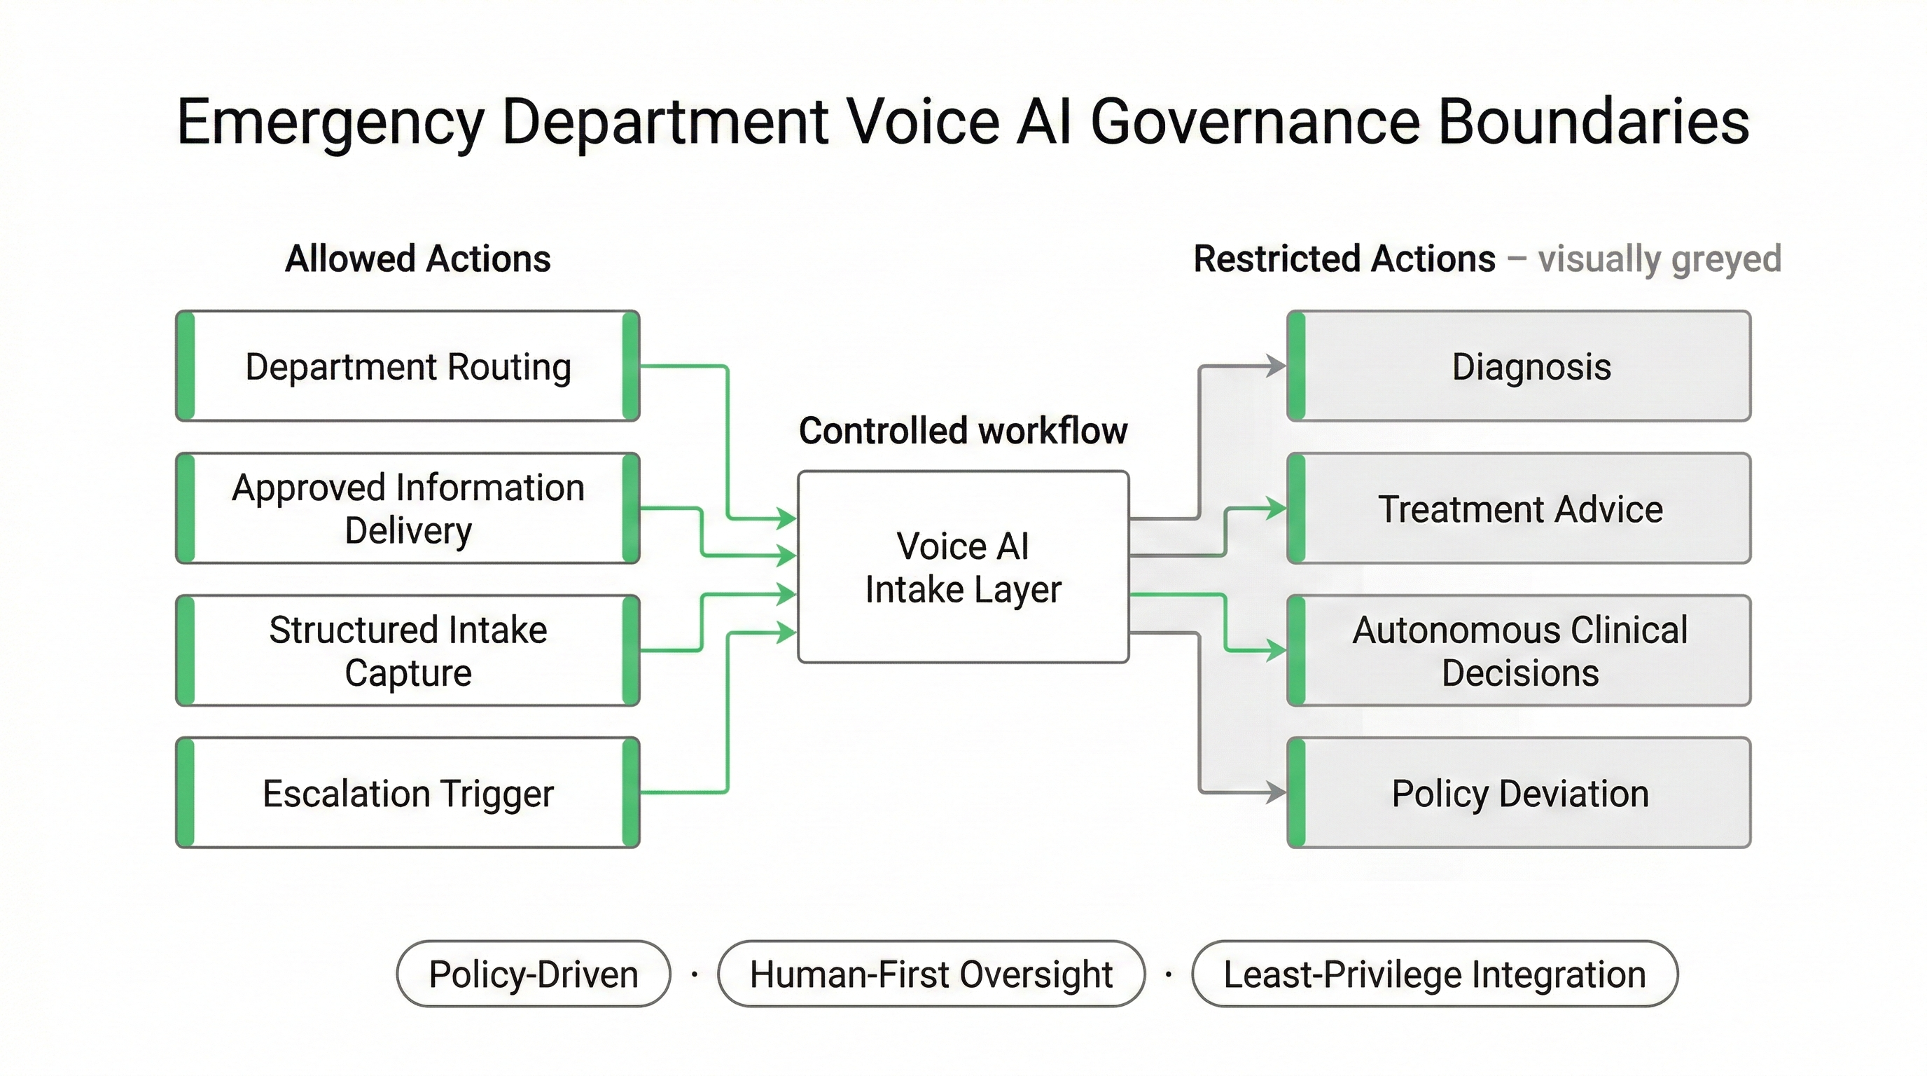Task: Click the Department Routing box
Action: (x=408, y=366)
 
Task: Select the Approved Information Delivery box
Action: (x=408, y=509)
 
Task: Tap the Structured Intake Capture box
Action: (x=408, y=651)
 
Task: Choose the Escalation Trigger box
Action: (x=408, y=793)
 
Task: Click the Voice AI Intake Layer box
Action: (x=963, y=567)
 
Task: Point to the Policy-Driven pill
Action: (x=534, y=974)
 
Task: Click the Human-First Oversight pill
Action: (x=931, y=974)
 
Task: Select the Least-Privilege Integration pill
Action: (x=1434, y=974)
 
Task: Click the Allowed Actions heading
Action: (x=417, y=259)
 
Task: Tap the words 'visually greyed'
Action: (x=1660, y=259)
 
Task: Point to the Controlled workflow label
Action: (x=963, y=431)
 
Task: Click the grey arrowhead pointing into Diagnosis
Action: (x=1277, y=366)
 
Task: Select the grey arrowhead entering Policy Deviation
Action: (x=1277, y=792)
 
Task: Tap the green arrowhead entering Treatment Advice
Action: (x=1277, y=509)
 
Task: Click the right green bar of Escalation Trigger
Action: (x=631, y=793)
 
